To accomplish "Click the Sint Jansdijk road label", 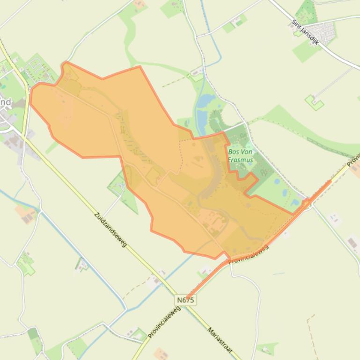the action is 305,32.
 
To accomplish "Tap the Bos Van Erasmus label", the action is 241,156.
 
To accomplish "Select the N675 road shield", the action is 185,300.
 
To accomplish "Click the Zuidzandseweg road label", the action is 110,230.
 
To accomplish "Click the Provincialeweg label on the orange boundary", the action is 249,254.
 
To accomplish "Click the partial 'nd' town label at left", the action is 5,102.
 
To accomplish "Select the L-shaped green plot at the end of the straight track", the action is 314,102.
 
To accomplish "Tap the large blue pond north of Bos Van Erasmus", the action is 205,101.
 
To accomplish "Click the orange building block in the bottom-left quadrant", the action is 26,214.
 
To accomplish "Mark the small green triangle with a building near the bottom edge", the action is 267,348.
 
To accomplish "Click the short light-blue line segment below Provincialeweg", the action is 278,274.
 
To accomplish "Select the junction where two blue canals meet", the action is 125,309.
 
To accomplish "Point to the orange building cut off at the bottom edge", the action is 161,353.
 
